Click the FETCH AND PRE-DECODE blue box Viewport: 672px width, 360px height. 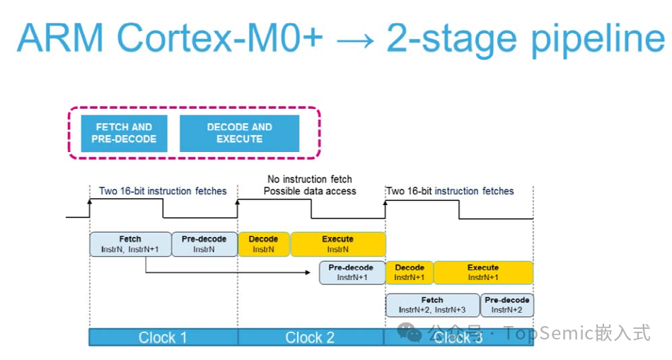click(x=124, y=133)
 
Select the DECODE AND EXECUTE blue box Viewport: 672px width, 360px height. click(x=239, y=133)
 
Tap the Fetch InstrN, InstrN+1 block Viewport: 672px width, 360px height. click(x=130, y=244)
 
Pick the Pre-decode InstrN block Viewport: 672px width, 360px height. click(x=204, y=244)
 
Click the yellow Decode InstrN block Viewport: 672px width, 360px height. click(x=263, y=244)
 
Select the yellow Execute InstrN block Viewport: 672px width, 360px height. click(x=337, y=244)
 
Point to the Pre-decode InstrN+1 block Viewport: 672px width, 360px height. click(x=352, y=272)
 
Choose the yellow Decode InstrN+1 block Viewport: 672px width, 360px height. click(x=410, y=272)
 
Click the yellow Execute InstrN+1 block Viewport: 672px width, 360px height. click(x=483, y=272)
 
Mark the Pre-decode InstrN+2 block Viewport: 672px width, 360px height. click(x=507, y=305)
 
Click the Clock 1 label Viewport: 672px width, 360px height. click(x=163, y=337)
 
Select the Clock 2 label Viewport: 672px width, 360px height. click(x=310, y=337)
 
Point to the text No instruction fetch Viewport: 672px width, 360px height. click(x=310, y=180)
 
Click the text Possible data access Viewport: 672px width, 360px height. click(x=310, y=191)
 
